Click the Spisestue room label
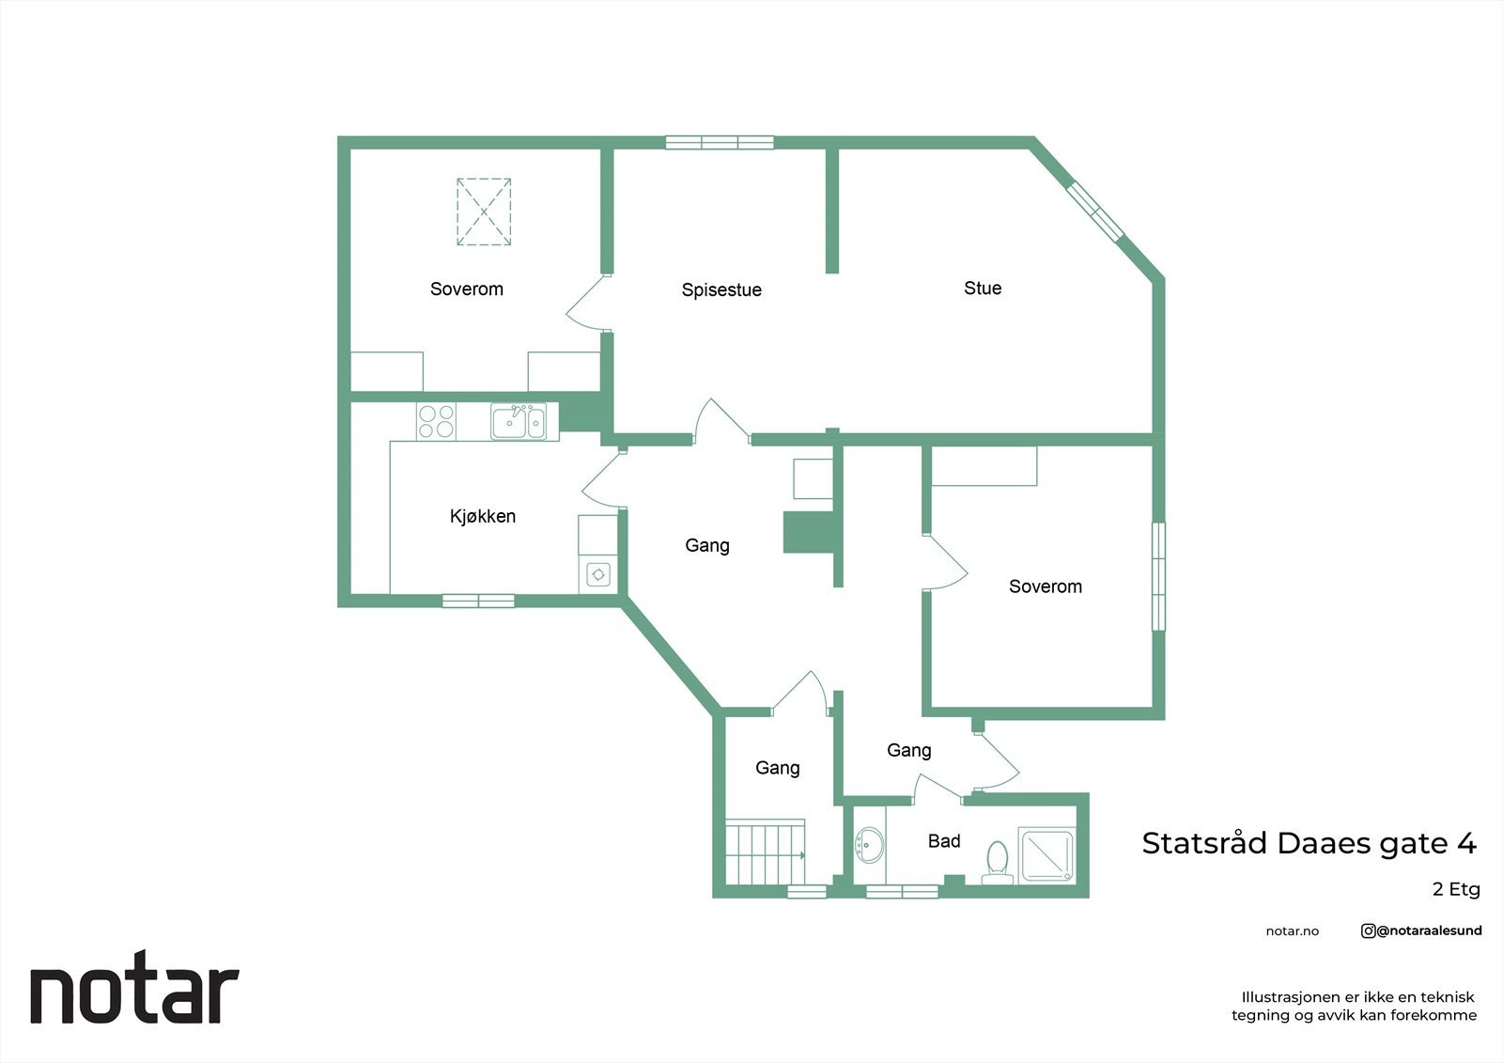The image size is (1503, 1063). tap(721, 290)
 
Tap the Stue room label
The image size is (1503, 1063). tap(983, 289)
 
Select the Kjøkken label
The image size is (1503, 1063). tap(483, 516)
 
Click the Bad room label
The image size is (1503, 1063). tap(944, 841)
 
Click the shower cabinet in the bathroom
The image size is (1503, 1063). tap(1047, 853)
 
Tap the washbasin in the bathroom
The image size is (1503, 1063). tap(869, 845)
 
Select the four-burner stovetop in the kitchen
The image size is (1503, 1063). tap(436, 421)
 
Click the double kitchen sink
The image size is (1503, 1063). tap(518, 421)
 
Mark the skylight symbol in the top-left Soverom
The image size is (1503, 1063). tap(484, 212)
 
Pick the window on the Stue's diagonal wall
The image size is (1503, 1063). tap(1095, 209)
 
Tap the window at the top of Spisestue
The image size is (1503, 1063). tap(720, 143)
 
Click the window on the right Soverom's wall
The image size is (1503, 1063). tap(1158, 576)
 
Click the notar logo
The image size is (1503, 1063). tap(134, 993)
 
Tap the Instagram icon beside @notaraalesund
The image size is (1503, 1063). tap(1368, 930)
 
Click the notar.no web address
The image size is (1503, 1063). tap(1292, 931)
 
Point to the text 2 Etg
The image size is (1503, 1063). tap(1456, 889)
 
